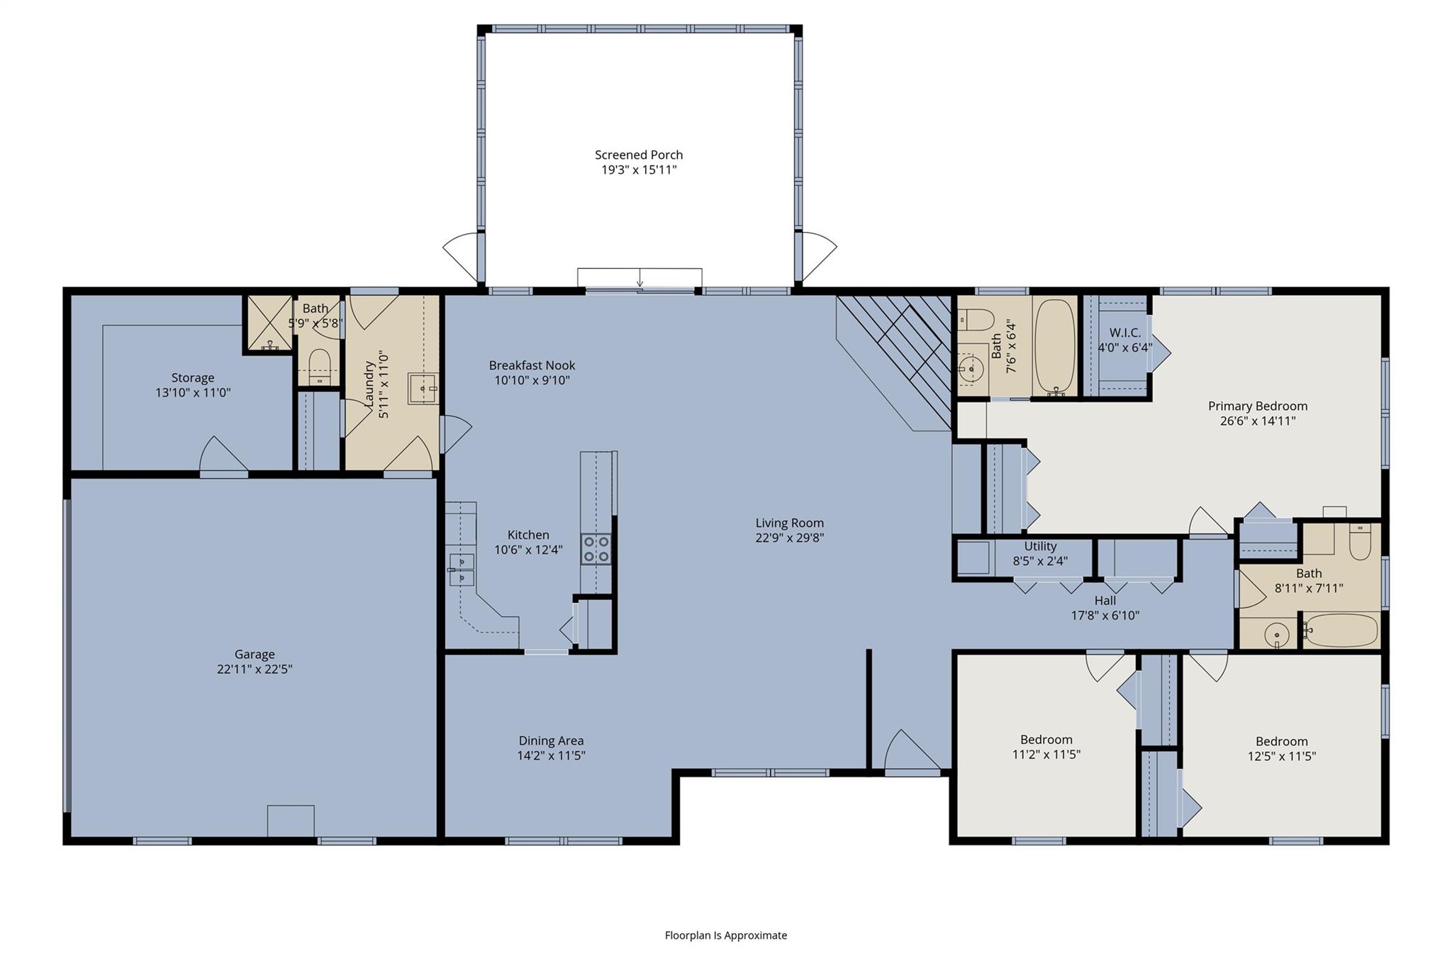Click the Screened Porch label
pyautogui.click(x=638, y=155)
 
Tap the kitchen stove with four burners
pyautogui.click(x=596, y=549)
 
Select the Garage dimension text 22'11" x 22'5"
pyautogui.click(x=255, y=669)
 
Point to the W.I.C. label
pyautogui.click(x=1124, y=333)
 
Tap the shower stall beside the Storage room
pyautogui.click(x=269, y=323)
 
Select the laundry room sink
pyautogui.click(x=423, y=389)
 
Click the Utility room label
pyautogui.click(x=1040, y=546)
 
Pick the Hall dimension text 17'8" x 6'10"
pyautogui.click(x=1105, y=616)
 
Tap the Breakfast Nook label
pyautogui.click(x=532, y=365)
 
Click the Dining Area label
pyautogui.click(x=551, y=740)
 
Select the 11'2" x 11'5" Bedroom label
pyautogui.click(x=1046, y=740)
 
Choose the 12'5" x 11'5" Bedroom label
pyautogui.click(x=1281, y=741)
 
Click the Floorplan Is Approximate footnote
pyautogui.click(x=725, y=935)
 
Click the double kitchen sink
pyautogui.click(x=462, y=569)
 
